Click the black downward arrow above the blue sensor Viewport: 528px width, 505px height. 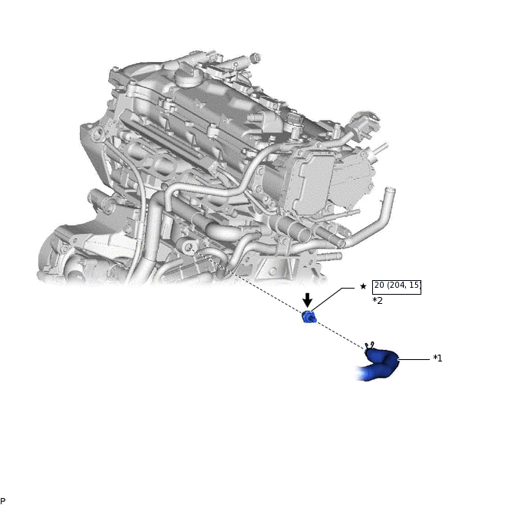(x=307, y=299)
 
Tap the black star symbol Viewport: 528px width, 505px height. (x=363, y=286)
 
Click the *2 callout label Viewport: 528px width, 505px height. (x=378, y=301)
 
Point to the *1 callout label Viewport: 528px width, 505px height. (x=437, y=358)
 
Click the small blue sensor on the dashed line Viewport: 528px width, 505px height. (x=309, y=317)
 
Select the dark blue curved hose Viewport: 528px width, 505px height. (x=379, y=365)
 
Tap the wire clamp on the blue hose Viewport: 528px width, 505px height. (x=369, y=346)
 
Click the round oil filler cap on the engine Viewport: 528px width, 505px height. (x=187, y=79)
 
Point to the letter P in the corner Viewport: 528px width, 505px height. (x=3, y=501)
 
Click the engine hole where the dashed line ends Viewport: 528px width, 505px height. (x=189, y=249)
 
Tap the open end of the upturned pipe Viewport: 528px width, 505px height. (x=391, y=190)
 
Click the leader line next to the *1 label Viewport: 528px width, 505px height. (x=414, y=359)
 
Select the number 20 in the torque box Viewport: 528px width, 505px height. (x=379, y=286)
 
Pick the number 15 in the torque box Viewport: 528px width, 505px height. (x=414, y=286)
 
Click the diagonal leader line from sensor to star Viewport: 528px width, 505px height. (x=332, y=299)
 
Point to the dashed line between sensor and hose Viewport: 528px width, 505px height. (x=340, y=333)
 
